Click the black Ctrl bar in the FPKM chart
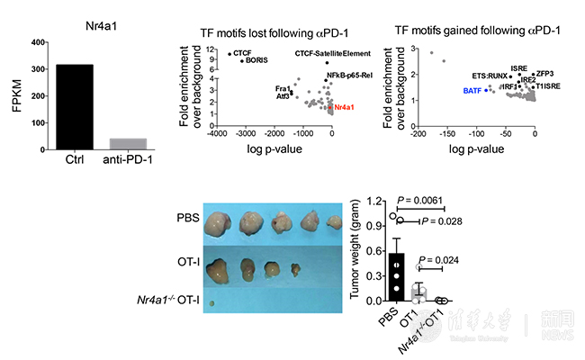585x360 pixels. coord(74,107)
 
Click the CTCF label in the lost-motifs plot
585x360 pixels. coord(242,53)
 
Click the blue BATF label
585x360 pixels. coord(471,90)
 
